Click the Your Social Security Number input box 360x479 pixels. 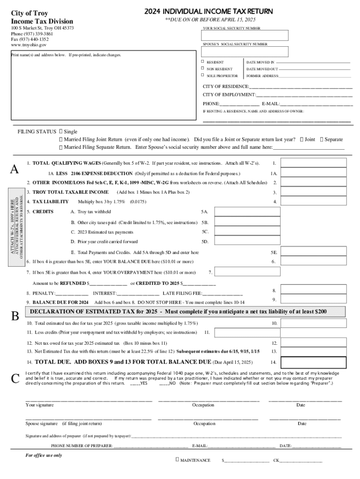[x=245, y=36]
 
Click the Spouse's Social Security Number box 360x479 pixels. [x=245, y=51]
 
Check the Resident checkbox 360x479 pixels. [x=202, y=62]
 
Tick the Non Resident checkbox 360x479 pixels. [x=202, y=69]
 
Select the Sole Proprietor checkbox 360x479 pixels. [x=202, y=75]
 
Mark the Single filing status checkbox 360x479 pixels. [x=61, y=132]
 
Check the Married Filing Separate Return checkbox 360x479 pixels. [x=61, y=147]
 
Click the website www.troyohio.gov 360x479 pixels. [x=29, y=45]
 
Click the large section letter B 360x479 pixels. [x=15, y=316]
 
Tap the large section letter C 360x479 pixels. [x=15, y=378]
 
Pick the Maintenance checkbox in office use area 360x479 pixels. [x=177, y=460]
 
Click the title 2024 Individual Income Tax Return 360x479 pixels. [x=209, y=11]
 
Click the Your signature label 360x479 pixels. [x=39, y=405]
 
